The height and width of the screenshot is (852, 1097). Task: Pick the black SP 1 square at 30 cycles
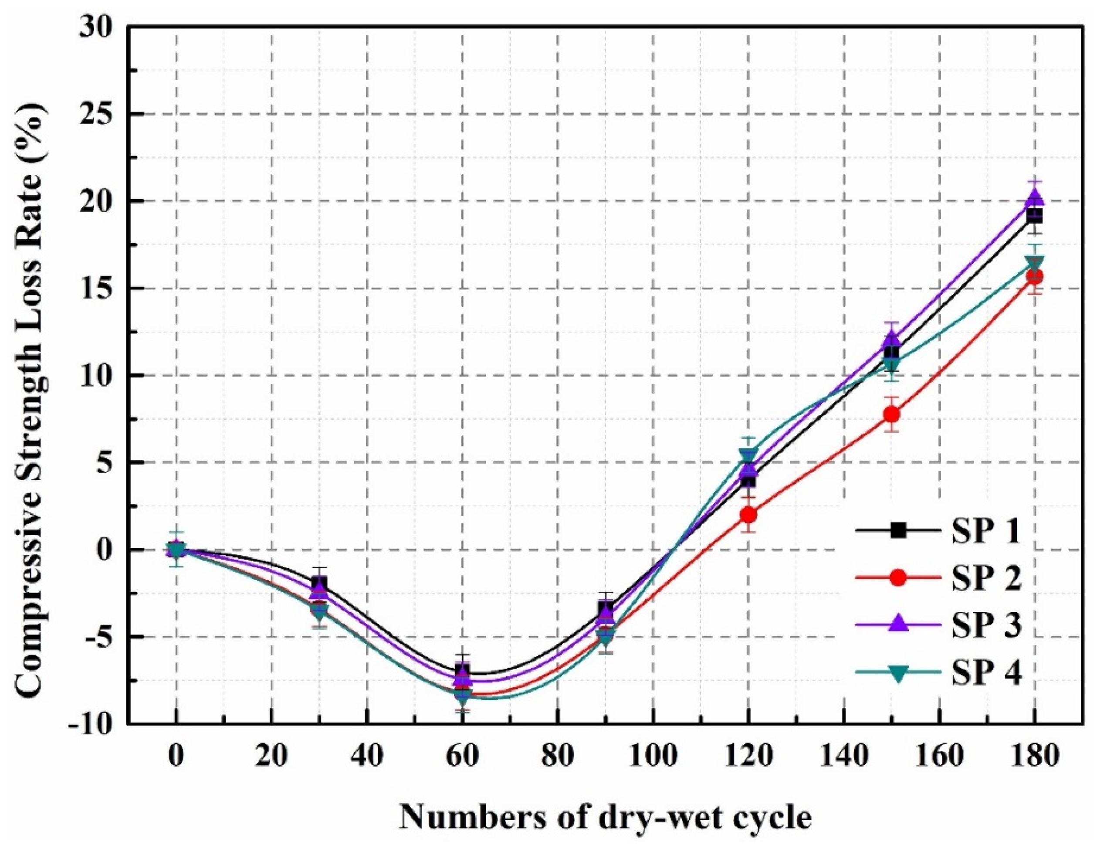coord(319,583)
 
